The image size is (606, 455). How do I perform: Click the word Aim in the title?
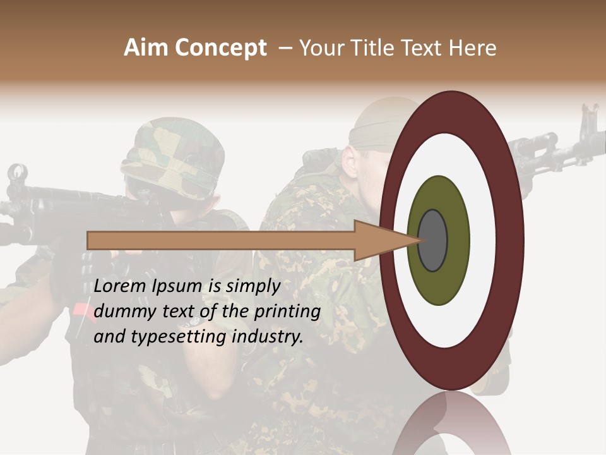click(145, 48)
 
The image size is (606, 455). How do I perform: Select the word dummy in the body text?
click(121, 312)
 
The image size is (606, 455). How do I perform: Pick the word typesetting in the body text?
click(187, 337)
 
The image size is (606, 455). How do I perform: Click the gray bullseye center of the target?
click(433, 240)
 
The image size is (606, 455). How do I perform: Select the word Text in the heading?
click(425, 48)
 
